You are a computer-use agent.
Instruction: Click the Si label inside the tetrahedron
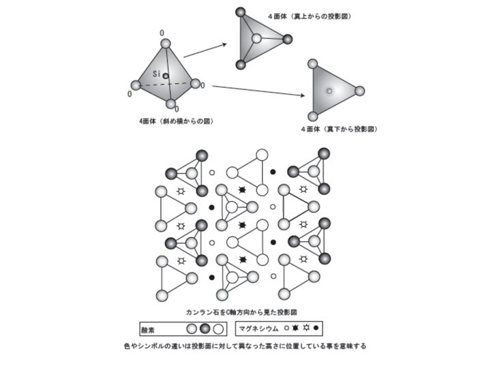pyautogui.click(x=156, y=72)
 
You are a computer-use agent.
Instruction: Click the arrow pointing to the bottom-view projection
pyautogui.click(x=259, y=90)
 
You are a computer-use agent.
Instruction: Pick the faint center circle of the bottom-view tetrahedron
pyautogui.click(x=329, y=91)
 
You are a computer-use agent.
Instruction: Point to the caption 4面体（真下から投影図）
pyautogui.click(x=339, y=129)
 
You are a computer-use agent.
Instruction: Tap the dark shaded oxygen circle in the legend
pyautogui.click(x=205, y=329)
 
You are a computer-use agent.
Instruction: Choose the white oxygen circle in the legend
pyautogui.click(x=219, y=329)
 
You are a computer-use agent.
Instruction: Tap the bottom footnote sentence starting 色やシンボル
pyautogui.click(x=245, y=346)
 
